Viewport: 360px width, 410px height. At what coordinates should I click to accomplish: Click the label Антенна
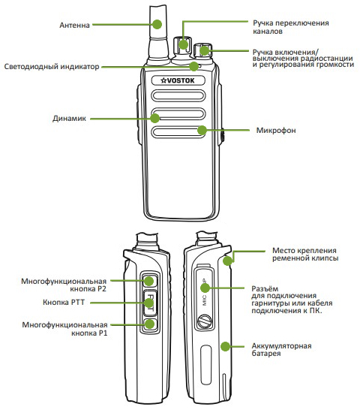pos(75,25)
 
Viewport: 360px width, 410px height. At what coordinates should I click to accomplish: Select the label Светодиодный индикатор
pos(51,67)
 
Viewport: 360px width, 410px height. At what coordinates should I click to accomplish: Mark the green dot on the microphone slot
pos(200,131)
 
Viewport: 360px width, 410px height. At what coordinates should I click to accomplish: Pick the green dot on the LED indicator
pos(193,67)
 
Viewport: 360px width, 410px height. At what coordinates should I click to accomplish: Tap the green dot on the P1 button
pos(150,324)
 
